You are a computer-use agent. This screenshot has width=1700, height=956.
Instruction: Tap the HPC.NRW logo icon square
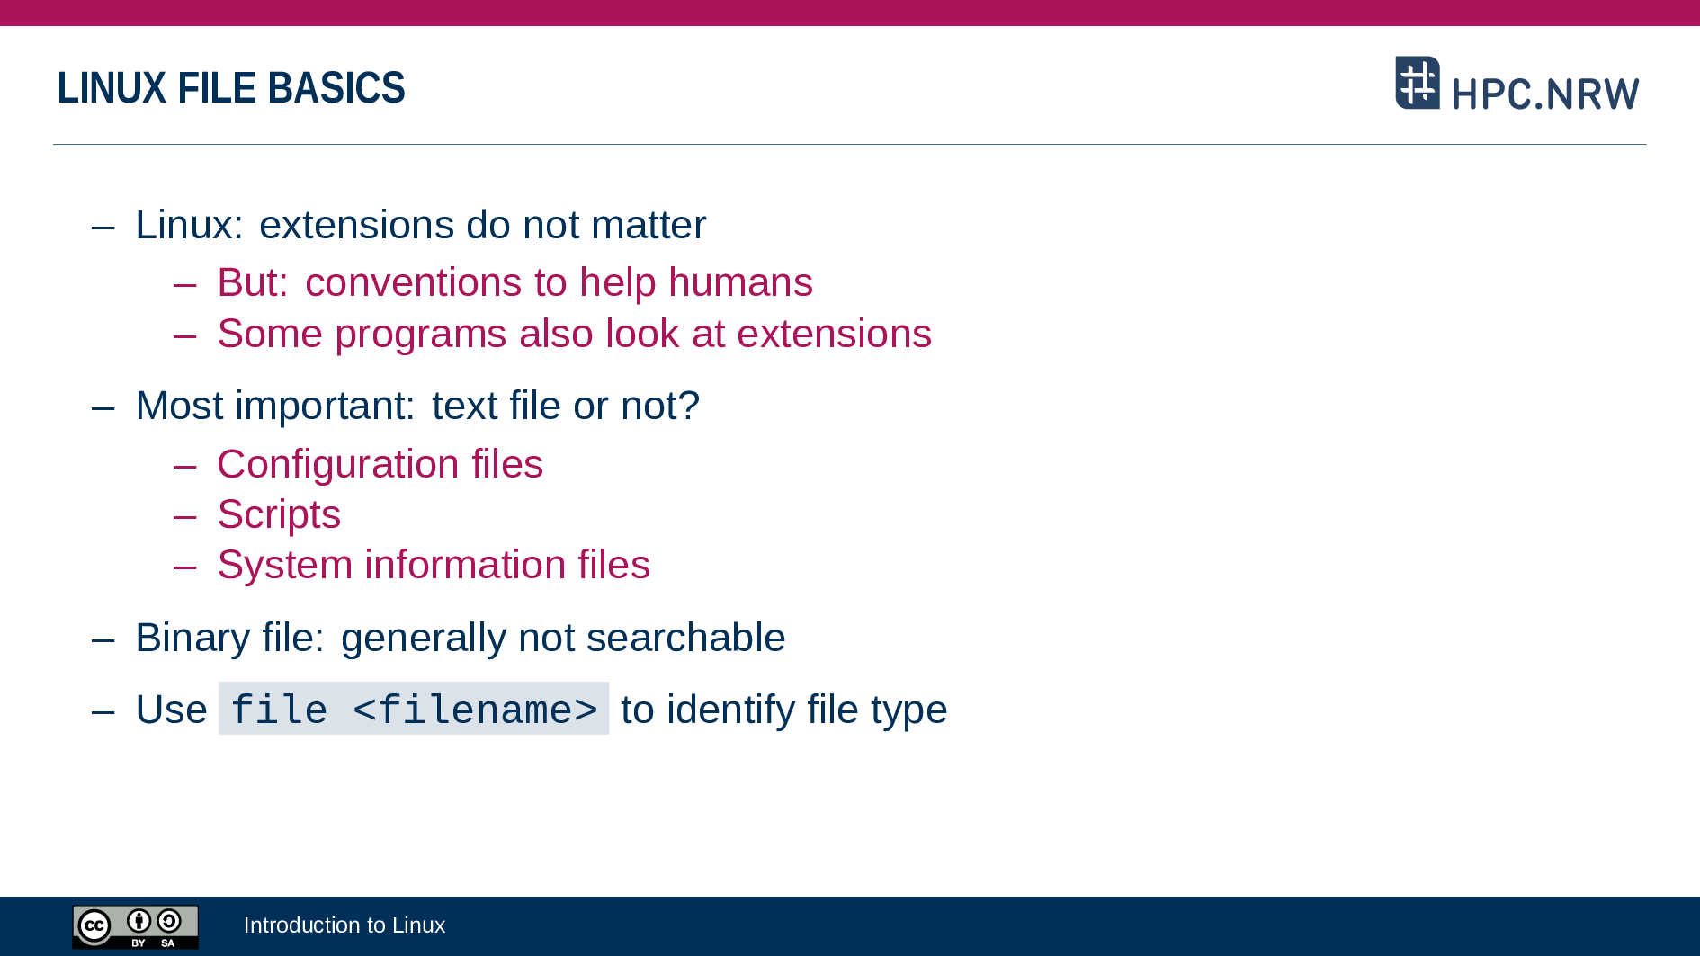click(1418, 83)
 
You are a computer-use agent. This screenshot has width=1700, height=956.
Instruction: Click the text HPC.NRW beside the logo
click(1545, 94)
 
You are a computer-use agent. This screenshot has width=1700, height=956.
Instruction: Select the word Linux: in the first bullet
click(189, 225)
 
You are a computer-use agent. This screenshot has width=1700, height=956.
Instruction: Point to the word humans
click(740, 282)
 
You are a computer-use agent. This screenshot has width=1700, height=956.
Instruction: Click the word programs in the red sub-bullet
click(421, 335)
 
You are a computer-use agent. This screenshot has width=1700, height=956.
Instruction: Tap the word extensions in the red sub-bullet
click(834, 334)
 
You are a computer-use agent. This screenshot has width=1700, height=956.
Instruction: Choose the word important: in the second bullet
click(325, 407)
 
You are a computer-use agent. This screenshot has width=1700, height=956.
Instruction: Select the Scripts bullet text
click(279, 515)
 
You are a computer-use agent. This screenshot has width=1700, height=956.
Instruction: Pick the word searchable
click(685, 638)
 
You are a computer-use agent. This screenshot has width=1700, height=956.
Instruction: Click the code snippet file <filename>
click(414, 709)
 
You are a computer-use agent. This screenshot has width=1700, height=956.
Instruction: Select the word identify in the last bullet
click(730, 710)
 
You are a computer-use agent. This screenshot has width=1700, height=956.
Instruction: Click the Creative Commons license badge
click(136, 926)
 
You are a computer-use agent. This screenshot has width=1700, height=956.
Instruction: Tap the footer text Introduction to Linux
click(344, 925)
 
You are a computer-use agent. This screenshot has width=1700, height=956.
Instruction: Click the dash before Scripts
click(185, 516)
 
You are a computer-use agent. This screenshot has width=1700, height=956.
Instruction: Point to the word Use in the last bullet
click(172, 710)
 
